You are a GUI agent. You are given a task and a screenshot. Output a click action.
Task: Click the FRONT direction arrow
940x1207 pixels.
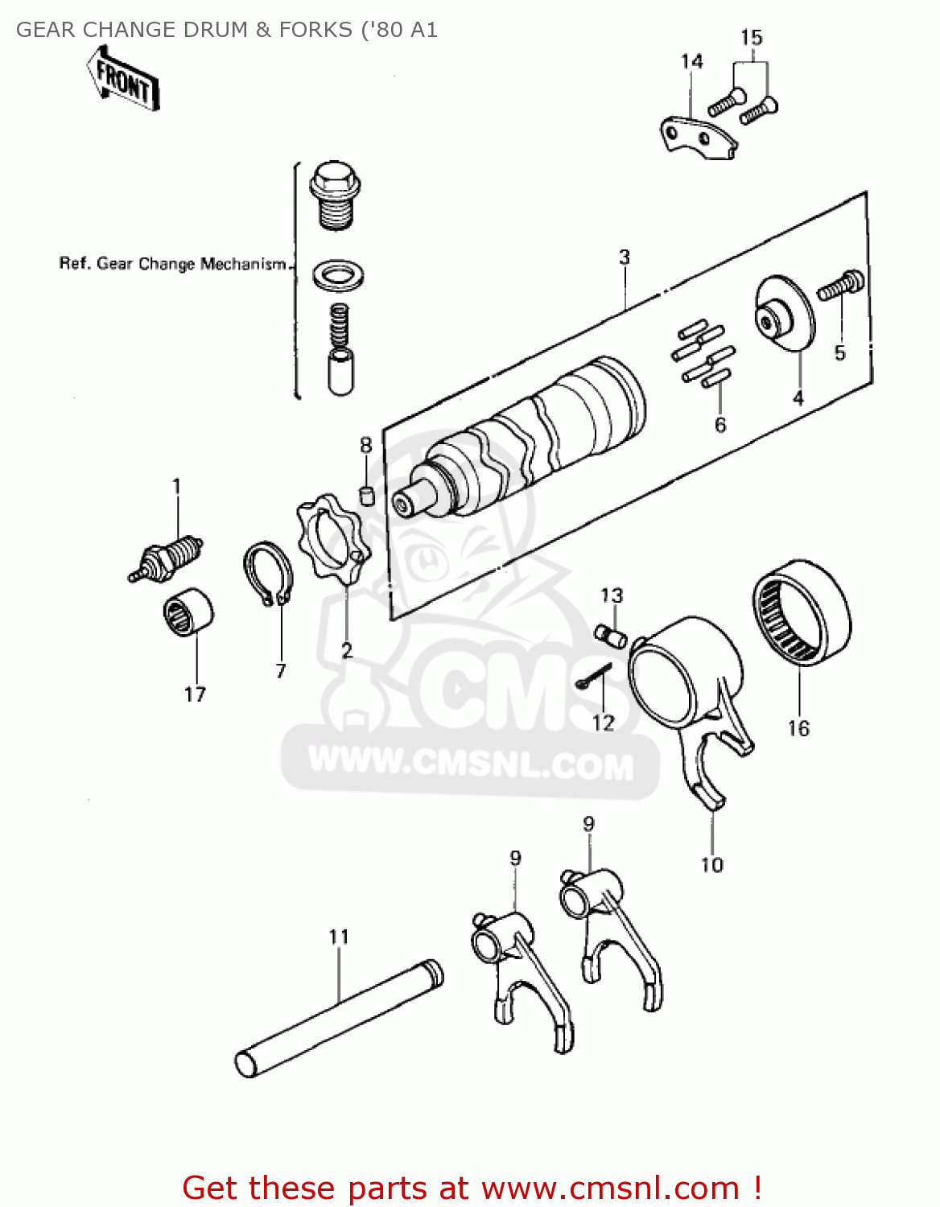[123, 79]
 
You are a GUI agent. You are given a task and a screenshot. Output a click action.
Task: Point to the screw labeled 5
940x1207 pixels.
[840, 286]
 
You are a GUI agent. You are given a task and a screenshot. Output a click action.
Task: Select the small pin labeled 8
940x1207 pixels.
[366, 494]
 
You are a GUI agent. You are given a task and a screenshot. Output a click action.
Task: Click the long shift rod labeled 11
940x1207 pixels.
[339, 1018]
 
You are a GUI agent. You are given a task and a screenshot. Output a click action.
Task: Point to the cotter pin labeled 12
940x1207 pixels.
[593, 677]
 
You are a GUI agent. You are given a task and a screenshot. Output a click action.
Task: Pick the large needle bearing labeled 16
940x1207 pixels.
[802, 612]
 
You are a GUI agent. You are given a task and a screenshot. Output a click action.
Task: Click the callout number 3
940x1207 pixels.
[625, 257]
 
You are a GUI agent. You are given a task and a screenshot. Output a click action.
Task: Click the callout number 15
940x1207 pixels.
[751, 38]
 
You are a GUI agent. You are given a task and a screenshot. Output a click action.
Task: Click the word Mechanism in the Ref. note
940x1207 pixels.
[243, 264]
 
